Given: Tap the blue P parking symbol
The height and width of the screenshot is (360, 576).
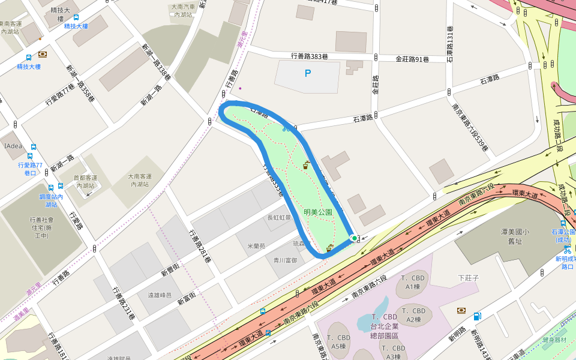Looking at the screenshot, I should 308,74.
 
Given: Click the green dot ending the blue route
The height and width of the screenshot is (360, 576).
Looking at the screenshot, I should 355,238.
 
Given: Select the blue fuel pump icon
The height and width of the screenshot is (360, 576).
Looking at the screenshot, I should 477,316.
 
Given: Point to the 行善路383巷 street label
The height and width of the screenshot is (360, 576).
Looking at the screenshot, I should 309,56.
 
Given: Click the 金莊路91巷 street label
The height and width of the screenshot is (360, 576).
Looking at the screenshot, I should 412,59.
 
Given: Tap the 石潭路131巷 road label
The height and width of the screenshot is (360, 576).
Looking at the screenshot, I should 451,44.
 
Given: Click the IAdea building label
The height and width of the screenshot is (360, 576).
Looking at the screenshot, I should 13,146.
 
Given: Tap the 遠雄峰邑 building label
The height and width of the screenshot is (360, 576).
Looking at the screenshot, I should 160,295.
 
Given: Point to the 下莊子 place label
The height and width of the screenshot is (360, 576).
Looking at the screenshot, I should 468,278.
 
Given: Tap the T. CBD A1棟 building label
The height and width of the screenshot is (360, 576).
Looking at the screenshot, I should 412,282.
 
